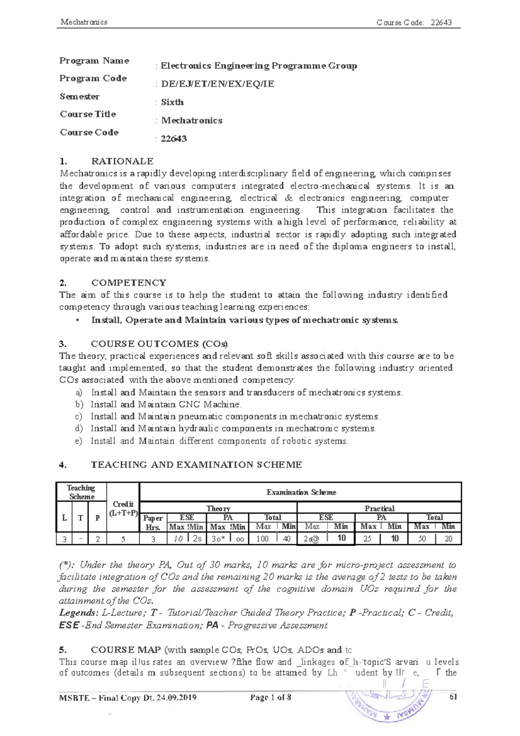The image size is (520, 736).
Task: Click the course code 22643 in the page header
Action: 441,23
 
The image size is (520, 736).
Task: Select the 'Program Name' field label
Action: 94,61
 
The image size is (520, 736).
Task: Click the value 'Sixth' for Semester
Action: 172,102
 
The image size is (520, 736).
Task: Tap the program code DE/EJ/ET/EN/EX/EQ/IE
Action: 218,84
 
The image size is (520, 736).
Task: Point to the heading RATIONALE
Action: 122,161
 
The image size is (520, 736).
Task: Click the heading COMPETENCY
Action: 129,283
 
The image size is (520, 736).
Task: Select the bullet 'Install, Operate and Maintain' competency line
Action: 244,320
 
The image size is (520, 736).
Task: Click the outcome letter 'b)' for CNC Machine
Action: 79,404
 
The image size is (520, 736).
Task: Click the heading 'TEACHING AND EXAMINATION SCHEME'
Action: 196,465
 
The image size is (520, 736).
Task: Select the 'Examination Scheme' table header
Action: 301,492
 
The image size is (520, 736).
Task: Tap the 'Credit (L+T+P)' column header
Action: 123,509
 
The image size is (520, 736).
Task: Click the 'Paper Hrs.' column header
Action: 153,523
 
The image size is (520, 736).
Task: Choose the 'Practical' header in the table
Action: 379,508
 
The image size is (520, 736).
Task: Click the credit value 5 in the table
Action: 123,539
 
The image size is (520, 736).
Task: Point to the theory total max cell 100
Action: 263,539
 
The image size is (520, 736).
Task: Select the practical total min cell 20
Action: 448,539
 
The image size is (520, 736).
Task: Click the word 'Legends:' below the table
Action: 78,613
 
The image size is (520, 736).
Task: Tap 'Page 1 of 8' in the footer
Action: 270,697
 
